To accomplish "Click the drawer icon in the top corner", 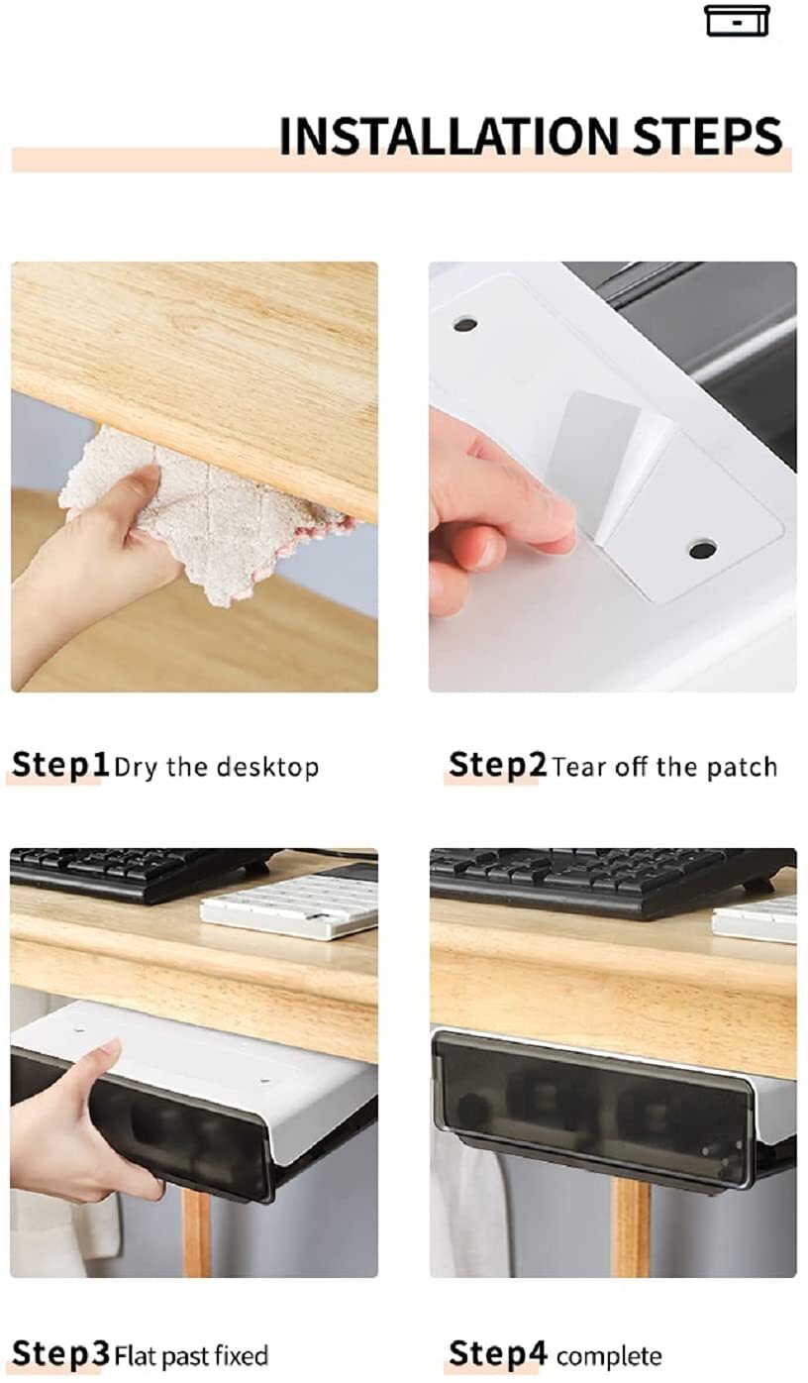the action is [737, 21].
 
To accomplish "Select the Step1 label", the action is [59, 765].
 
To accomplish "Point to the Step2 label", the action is [497, 765].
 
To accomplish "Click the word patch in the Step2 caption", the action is [742, 767].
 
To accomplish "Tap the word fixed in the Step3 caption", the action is [242, 1356].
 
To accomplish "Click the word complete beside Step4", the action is [609, 1357].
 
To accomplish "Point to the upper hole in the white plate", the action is [465, 324].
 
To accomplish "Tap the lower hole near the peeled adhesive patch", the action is [702, 548].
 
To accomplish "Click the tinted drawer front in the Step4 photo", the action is [592, 1106].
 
